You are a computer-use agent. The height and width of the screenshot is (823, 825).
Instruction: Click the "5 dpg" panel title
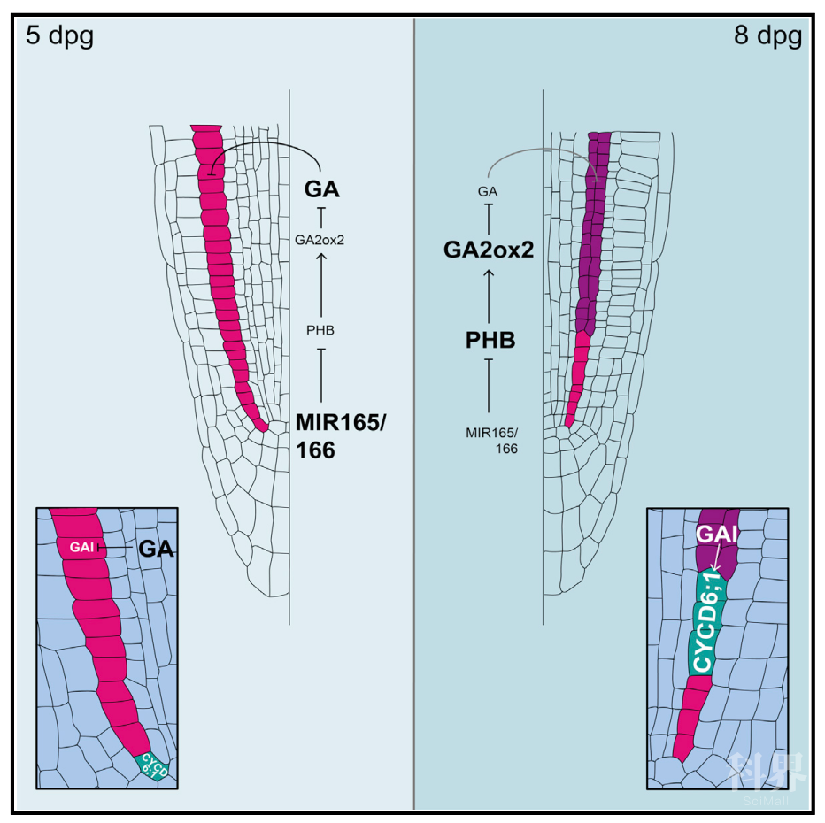click(59, 37)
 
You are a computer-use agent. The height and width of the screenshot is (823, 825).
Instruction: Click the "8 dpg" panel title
click(767, 37)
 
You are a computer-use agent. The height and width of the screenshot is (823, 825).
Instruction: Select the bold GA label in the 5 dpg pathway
click(322, 189)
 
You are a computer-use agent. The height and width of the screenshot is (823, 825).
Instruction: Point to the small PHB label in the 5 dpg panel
click(320, 330)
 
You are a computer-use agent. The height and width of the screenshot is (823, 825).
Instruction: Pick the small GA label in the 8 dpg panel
click(487, 190)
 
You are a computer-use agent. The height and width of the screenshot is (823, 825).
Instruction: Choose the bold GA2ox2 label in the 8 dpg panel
click(489, 250)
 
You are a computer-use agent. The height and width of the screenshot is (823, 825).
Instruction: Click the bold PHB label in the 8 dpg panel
click(490, 341)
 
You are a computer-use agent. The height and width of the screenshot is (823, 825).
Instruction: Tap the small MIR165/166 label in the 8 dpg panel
click(492, 440)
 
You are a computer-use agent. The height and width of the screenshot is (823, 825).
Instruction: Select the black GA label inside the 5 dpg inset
click(155, 549)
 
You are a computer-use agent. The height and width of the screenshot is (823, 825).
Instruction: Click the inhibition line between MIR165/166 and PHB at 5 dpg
click(321, 376)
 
